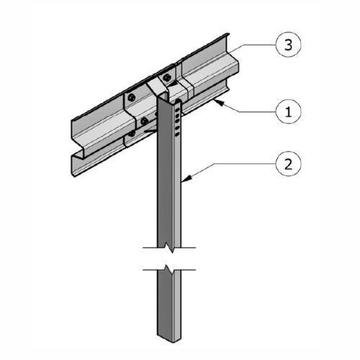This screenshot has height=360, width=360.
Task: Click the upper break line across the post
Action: (x=170, y=249)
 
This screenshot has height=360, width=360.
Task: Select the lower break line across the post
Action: (x=170, y=270)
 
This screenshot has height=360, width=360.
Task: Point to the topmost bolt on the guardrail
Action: (x=167, y=76)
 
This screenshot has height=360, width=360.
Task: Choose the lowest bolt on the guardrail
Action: (x=132, y=133)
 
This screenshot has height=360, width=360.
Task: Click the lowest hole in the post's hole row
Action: (x=177, y=134)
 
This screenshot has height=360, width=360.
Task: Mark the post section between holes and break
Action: (x=170, y=194)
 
